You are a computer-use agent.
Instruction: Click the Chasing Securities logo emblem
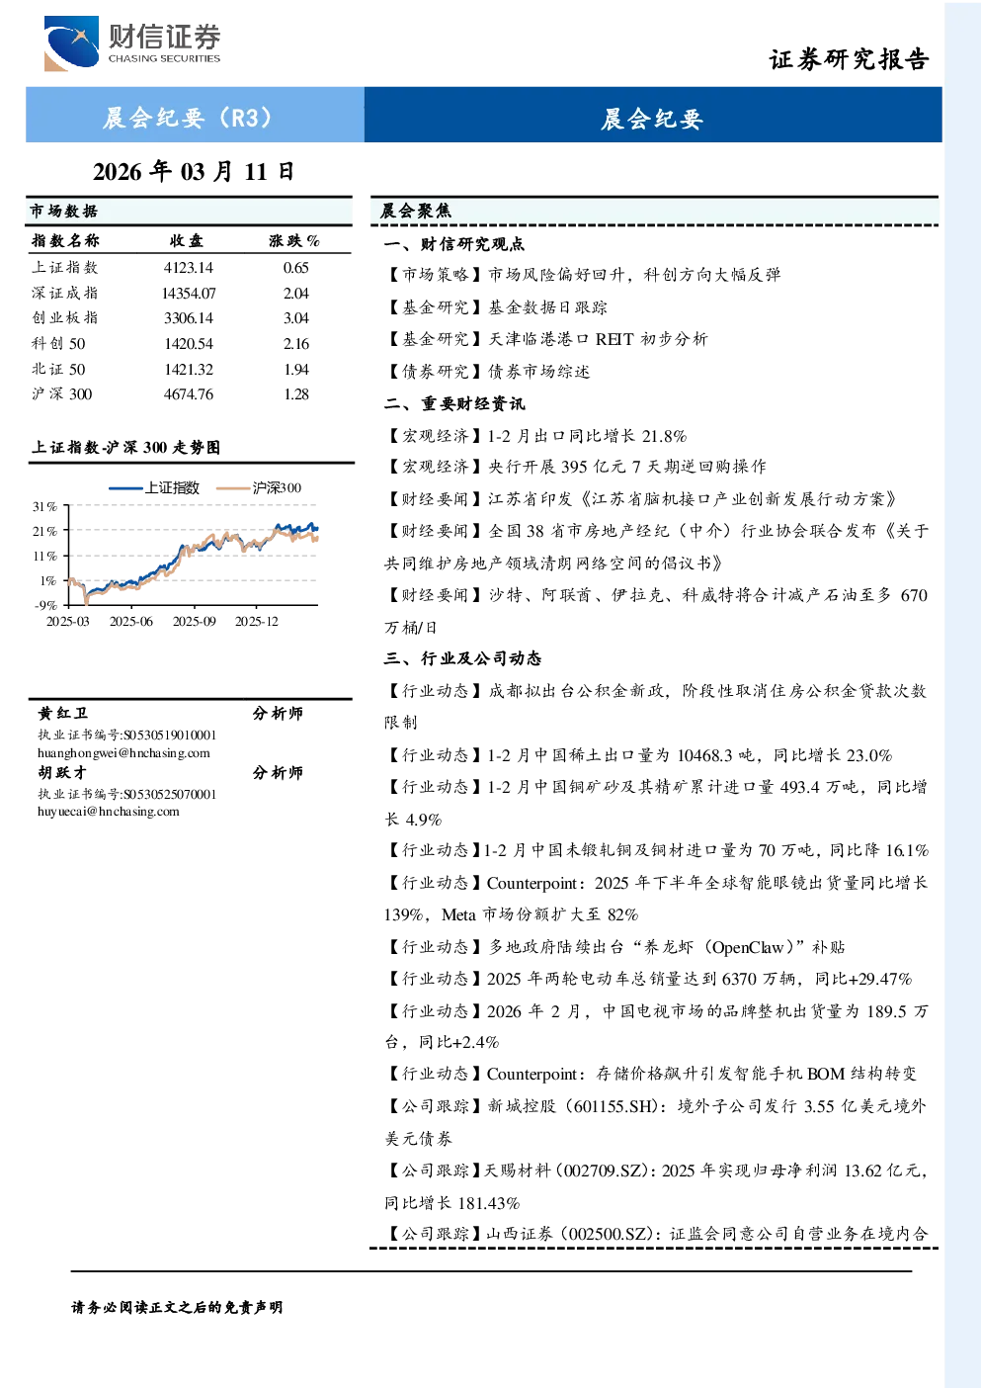pyautogui.click(x=71, y=43)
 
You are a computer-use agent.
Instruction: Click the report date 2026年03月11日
pyautogui.click(x=194, y=171)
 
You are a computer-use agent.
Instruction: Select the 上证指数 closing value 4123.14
pyautogui.click(x=189, y=268)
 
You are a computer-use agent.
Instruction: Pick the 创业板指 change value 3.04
pyautogui.click(x=296, y=318)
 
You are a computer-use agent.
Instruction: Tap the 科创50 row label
pyautogui.click(x=59, y=343)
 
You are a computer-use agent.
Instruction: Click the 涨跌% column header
pyautogui.click(x=294, y=240)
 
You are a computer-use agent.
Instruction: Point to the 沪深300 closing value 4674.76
pyautogui.click(x=189, y=394)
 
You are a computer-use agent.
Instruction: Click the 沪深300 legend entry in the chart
pyautogui.click(x=259, y=487)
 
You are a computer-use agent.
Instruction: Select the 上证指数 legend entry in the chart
pyautogui.click(x=154, y=487)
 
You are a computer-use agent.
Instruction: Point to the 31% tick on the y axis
pyautogui.click(x=44, y=506)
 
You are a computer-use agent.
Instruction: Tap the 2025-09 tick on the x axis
pyautogui.click(x=195, y=621)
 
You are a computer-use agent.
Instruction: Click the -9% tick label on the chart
pyautogui.click(x=45, y=605)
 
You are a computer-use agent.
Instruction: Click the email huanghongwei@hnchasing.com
pyautogui.click(x=123, y=753)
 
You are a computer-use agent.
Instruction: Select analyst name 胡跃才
pyautogui.click(x=62, y=773)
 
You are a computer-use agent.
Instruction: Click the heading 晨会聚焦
pyautogui.click(x=416, y=211)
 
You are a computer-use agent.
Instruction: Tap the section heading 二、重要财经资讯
pyautogui.click(x=454, y=404)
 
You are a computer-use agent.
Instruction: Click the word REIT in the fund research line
pyautogui.click(x=614, y=339)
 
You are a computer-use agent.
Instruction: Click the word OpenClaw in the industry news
pyautogui.click(x=748, y=947)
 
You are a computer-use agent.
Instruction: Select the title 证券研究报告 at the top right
pyautogui.click(x=849, y=59)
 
